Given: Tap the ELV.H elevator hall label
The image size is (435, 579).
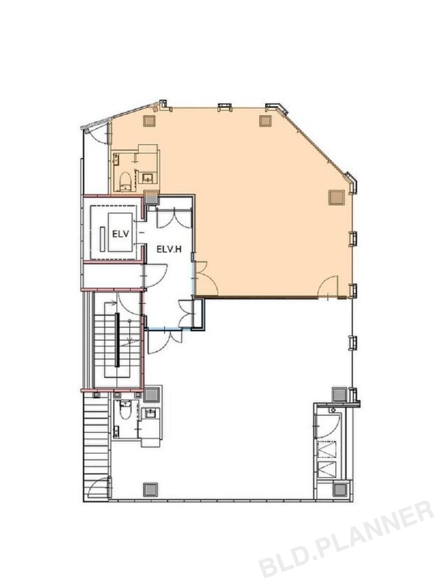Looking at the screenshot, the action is pyautogui.click(x=169, y=249).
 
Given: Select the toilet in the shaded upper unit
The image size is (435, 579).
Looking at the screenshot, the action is pyautogui.click(x=125, y=181).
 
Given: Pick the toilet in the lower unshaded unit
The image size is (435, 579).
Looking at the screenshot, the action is pyautogui.click(x=124, y=411).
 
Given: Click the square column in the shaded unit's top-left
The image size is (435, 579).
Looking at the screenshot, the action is pyautogui.click(x=149, y=121).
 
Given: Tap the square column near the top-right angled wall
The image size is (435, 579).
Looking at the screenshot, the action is pyautogui.click(x=265, y=121).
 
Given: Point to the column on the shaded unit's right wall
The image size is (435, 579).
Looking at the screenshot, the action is pyautogui.click(x=336, y=197).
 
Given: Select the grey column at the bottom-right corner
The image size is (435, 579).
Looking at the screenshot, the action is pyautogui.click(x=339, y=489).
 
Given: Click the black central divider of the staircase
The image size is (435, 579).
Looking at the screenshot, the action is pyautogui.click(x=117, y=339).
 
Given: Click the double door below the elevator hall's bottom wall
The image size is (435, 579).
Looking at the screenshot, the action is pyautogui.click(x=165, y=342).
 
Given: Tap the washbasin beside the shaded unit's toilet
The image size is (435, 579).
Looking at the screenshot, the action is pyautogui.click(x=148, y=178).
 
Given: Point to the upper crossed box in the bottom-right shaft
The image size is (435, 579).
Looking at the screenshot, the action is pyautogui.click(x=327, y=449).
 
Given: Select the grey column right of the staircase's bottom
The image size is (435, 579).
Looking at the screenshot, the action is pyautogui.click(x=151, y=395).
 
